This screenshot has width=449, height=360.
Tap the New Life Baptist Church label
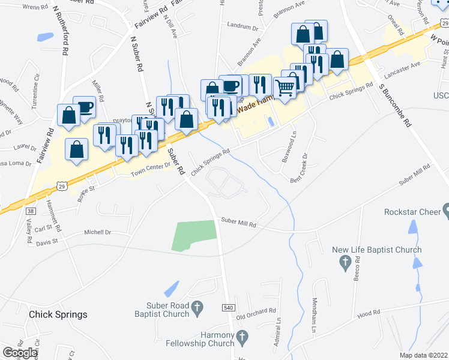[378, 250]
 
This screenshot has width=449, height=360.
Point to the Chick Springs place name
[58, 314]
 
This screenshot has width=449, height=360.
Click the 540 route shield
[228, 308]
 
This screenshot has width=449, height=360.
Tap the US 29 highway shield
[62, 187]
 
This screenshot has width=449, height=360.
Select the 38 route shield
[31, 211]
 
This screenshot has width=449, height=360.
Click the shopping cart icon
[286, 88]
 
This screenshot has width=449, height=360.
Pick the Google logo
[20, 353]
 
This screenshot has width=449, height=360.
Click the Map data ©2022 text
[423, 355]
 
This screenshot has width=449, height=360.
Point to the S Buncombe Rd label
[394, 105]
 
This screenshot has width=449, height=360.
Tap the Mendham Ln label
[314, 315]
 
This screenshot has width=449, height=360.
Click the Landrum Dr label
[243, 27]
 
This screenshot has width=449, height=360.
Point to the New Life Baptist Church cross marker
[345, 262]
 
